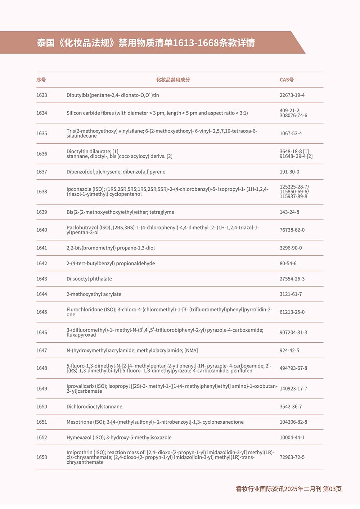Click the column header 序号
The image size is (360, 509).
tap(41, 80)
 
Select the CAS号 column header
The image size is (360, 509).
tap(287, 80)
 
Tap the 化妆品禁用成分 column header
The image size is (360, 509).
tap(173, 80)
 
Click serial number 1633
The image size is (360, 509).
tap(42, 95)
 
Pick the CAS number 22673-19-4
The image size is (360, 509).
tap(292, 95)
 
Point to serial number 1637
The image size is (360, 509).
tap(42, 172)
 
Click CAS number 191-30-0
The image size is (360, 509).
tap(289, 172)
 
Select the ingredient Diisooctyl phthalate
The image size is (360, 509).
tap(89, 279)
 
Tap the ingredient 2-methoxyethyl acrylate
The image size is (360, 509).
tap(94, 294)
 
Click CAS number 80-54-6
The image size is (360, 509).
tap(288, 263)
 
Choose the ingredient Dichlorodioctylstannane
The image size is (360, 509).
tap(94, 407)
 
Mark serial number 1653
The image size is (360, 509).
tap(42, 458)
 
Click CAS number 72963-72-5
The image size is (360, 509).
tap(292, 458)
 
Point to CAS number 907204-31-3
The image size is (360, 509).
tap(293, 333)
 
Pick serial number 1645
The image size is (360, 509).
tap(42, 312)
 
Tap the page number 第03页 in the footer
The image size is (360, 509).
tap(332, 489)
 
